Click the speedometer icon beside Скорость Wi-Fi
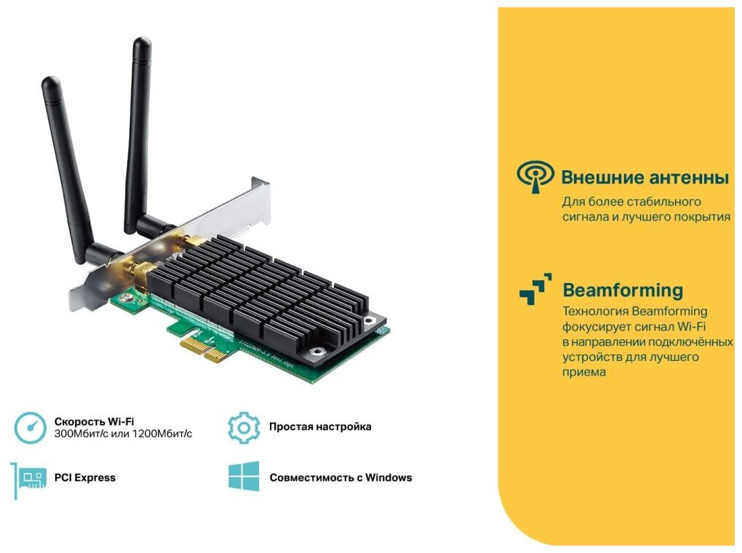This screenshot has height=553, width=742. point(30,427)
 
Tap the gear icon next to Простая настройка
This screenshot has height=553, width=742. point(243,427)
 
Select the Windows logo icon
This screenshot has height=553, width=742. point(243,477)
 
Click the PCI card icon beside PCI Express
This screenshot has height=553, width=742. point(30,479)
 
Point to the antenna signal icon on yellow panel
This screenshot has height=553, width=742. point(535,177)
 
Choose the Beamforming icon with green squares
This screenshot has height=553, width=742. point(535,289)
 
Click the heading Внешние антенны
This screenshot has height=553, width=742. point(645,177)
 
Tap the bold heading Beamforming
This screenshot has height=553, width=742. point(623,290)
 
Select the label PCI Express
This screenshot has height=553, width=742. point(84,478)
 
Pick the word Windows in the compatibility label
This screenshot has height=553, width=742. point(388,478)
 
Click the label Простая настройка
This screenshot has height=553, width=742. point(320,426)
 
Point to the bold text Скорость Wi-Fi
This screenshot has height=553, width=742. point(94,421)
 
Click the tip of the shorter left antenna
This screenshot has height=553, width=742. point(49,81)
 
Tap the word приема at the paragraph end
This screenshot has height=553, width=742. point(584,372)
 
